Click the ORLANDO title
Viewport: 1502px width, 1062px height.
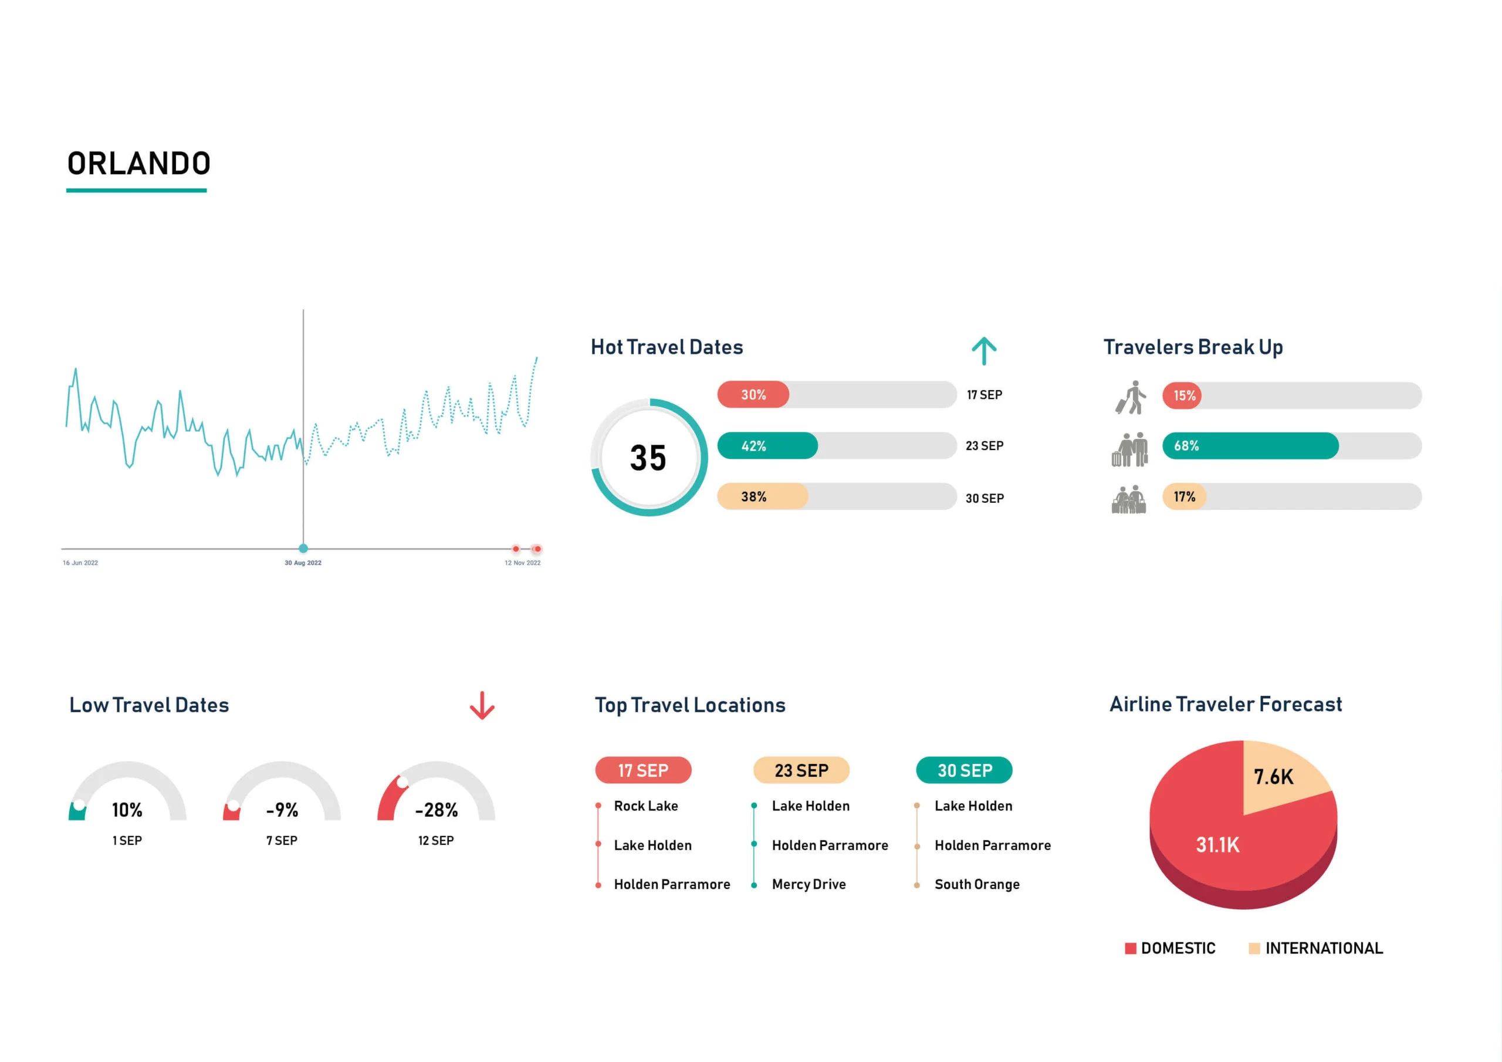138,164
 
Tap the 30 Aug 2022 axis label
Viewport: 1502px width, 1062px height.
303,563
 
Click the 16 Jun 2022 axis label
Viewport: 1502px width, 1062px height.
80,563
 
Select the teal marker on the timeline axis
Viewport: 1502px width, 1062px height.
303,549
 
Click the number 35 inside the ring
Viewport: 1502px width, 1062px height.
648,458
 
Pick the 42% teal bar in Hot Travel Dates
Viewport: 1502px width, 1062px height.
767,445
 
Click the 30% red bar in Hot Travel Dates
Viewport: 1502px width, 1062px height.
753,394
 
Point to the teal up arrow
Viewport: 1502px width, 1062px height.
984,351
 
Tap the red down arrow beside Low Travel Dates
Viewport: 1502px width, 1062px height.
482,705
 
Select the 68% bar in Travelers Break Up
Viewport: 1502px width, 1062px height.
1250,445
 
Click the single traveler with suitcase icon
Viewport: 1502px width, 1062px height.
1131,397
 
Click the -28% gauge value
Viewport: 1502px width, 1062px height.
437,810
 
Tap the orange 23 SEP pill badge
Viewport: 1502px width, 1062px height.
801,770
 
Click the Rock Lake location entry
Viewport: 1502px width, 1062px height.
645,806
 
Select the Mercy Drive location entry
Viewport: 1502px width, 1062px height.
808,884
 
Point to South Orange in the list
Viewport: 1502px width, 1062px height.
977,884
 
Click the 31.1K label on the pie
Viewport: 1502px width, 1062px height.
1217,845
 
